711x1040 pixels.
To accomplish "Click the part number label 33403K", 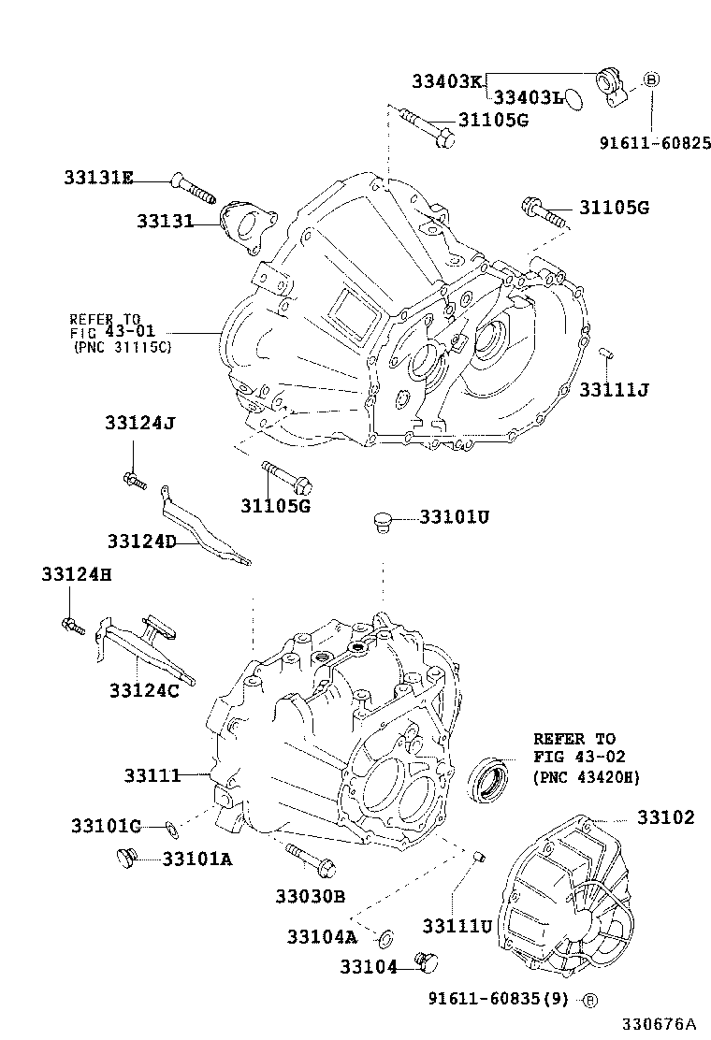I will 447,81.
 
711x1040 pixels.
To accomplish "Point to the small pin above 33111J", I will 605,353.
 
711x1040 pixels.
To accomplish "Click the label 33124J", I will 140,424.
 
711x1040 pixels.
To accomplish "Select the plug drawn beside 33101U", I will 380,521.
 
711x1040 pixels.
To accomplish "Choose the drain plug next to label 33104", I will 428,963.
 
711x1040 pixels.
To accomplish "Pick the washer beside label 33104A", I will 385,936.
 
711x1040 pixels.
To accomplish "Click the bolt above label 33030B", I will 305,859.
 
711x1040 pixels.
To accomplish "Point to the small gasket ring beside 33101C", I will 171,827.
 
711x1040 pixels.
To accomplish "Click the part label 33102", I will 666,817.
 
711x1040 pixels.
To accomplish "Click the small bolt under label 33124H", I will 72,625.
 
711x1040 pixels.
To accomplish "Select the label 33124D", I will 141,542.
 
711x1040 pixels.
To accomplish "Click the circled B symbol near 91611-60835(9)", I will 589,1000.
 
